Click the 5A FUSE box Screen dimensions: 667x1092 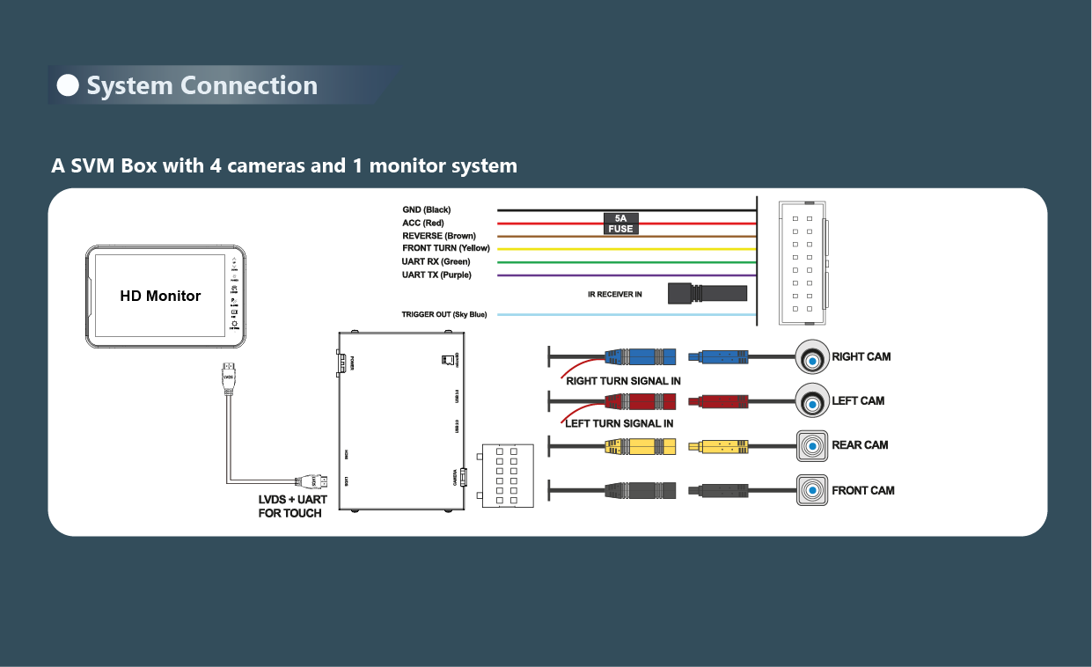tap(620, 223)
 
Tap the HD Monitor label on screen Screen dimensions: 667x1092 tap(160, 297)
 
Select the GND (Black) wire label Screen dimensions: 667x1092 tap(426, 210)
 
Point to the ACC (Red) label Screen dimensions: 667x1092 tap(422, 224)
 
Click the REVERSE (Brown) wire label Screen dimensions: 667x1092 tap(438, 236)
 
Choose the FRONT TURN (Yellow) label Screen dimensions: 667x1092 tap(445, 248)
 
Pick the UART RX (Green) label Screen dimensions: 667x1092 tap(436, 261)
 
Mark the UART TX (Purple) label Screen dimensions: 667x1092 tap(436, 275)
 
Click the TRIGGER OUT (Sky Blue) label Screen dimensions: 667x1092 tap(443, 315)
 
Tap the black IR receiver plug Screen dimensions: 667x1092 tap(707, 293)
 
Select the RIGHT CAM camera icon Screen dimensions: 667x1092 tap(812, 357)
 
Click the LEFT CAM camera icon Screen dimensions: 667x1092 tap(812, 401)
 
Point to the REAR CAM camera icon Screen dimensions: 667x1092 tap(812, 445)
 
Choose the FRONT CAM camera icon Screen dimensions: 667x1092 tap(812, 490)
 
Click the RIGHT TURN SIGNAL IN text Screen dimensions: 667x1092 tap(623, 381)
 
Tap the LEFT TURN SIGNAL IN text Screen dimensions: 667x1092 tap(619, 423)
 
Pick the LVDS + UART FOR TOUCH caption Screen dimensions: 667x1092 tap(292, 506)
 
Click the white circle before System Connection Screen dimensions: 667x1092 tap(68, 85)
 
